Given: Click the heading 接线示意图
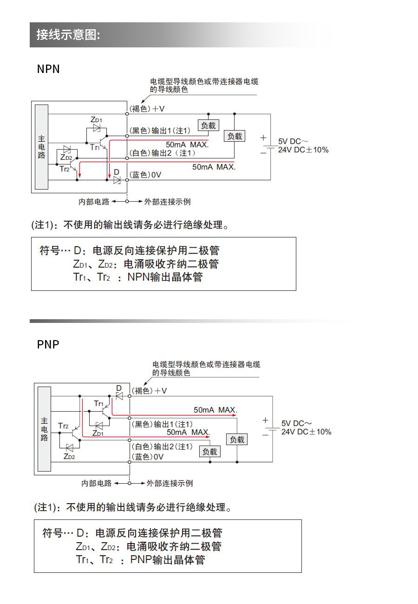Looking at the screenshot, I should [x=68, y=35].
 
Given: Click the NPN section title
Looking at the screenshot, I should [x=48, y=69].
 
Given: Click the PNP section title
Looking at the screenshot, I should [x=48, y=344].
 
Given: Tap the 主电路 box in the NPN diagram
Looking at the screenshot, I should [x=41, y=147].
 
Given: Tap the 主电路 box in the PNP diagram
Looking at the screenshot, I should [x=44, y=429].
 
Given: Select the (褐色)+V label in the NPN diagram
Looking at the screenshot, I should [x=147, y=109].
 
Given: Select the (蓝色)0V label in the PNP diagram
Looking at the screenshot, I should [x=148, y=457].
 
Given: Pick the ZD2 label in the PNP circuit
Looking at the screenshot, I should [x=69, y=456].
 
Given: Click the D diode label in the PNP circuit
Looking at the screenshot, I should [x=118, y=388].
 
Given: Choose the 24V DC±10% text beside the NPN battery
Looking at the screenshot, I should [x=303, y=150].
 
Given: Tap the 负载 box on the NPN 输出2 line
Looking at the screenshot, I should [x=234, y=136].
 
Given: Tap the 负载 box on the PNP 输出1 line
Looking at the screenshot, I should [x=237, y=439].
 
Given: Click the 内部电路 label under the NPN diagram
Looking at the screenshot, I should [x=94, y=202].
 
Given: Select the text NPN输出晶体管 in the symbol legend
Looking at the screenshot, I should [x=165, y=277].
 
